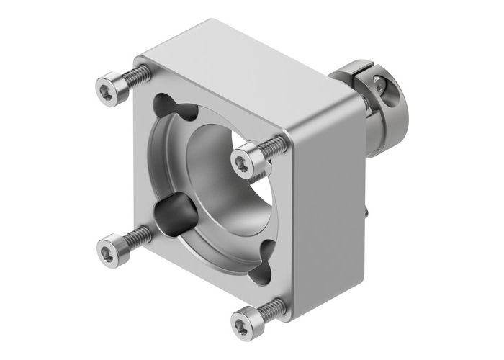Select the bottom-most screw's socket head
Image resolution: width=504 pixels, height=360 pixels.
244,318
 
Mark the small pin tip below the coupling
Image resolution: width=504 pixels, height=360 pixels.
368,212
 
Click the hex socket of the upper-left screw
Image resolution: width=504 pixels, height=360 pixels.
107,89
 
